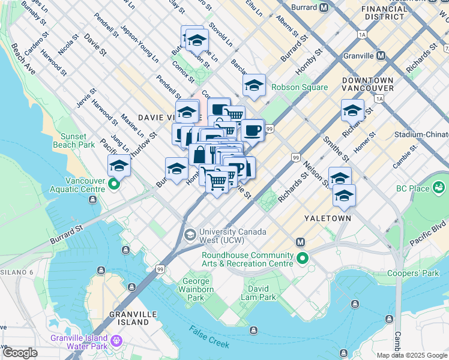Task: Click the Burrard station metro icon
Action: (x=324, y=8)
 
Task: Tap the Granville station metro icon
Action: (x=380, y=56)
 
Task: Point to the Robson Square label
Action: (x=300, y=87)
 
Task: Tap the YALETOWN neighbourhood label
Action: (x=327, y=218)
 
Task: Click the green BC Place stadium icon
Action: (x=440, y=188)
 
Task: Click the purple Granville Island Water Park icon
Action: (x=116, y=341)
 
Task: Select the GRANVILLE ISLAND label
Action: (x=129, y=318)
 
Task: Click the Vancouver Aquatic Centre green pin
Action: (x=113, y=186)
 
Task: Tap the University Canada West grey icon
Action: (x=190, y=233)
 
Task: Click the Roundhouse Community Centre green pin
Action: (x=303, y=259)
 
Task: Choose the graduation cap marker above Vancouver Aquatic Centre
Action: (x=119, y=166)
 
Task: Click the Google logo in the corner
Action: (x=20, y=353)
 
